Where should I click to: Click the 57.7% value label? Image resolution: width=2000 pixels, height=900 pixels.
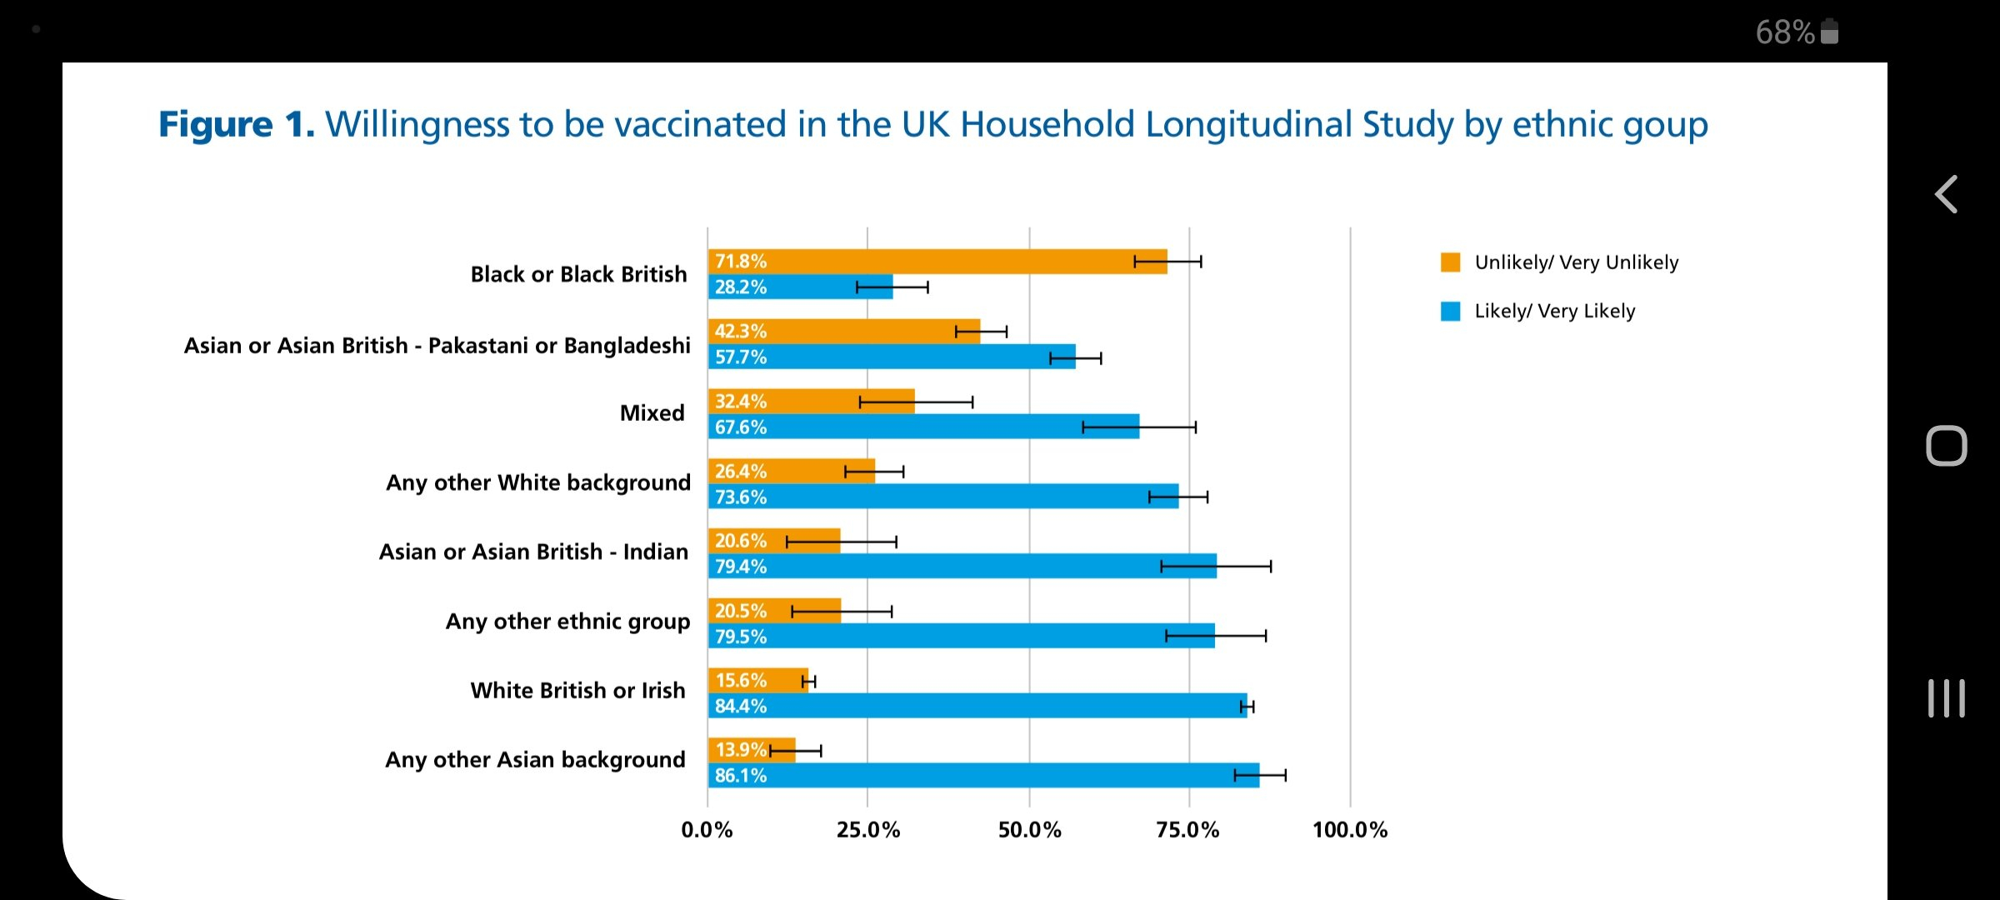point(740,357)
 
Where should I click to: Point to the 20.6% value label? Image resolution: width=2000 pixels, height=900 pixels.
point(740,541)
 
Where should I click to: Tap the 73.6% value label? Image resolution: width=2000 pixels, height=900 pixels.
point(740,497)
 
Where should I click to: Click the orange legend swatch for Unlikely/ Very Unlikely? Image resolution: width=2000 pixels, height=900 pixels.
point(1450,262)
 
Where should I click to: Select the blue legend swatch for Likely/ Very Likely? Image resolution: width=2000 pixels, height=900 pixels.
point(1450,312)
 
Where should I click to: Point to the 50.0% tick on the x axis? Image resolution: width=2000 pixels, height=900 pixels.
point(1029,830)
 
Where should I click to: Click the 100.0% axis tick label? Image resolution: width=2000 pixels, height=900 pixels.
point(1350,830)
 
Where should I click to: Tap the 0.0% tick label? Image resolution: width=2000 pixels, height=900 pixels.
point(707,830)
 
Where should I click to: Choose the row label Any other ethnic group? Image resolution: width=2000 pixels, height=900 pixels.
point(567,622)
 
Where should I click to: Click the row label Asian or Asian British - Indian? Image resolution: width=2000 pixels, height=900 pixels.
point(533,552)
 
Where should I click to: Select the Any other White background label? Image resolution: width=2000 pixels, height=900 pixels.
point(538,482)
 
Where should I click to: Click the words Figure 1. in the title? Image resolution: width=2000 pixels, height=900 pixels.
point(237,125)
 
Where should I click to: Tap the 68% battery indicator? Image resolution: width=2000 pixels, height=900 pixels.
point(1796,32)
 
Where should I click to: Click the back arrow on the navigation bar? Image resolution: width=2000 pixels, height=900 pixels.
point(1946,195)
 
